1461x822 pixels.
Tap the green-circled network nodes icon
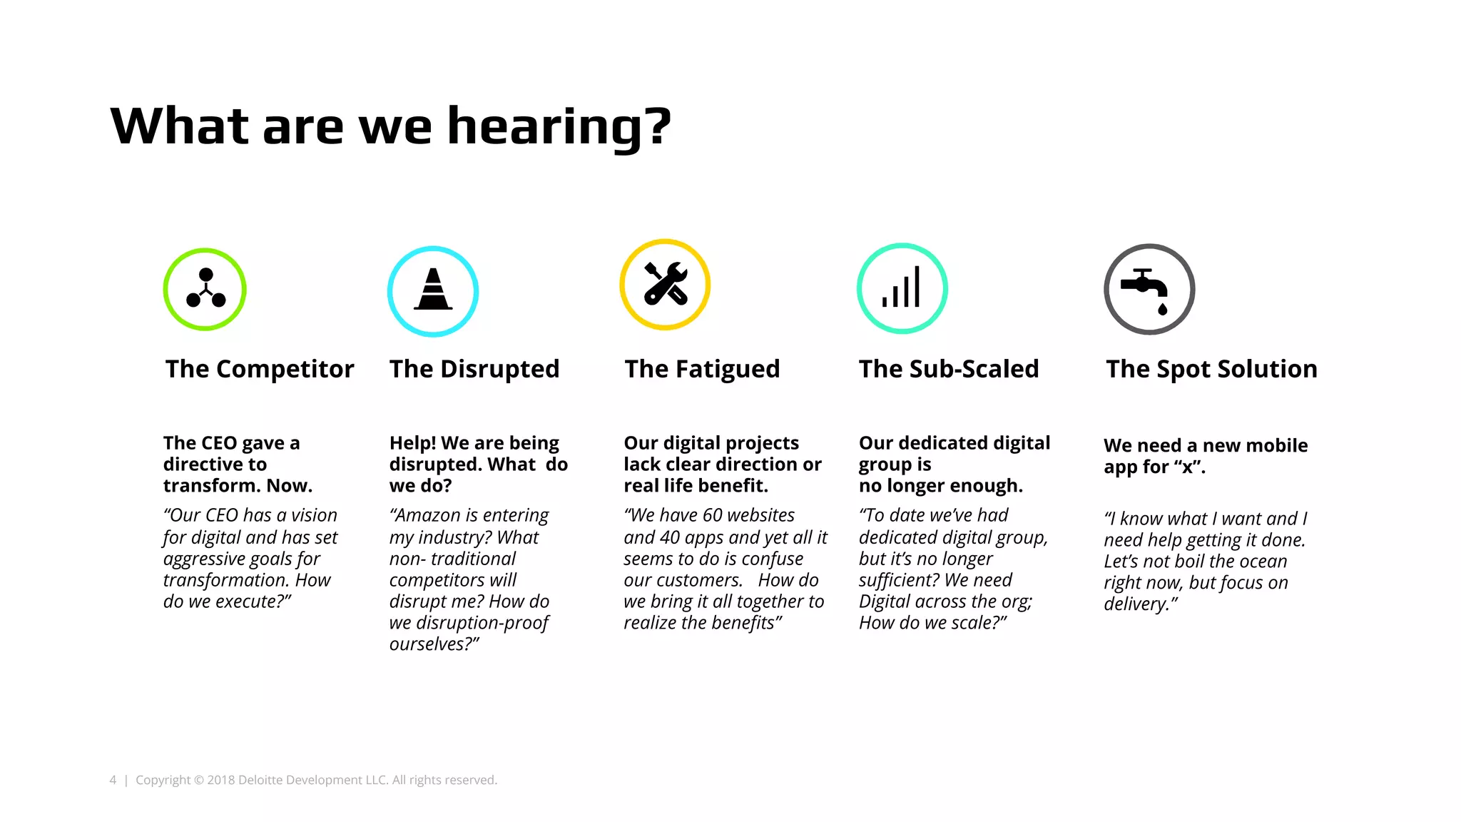(x=205, y=289)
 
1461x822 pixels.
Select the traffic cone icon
(x=433, y=291)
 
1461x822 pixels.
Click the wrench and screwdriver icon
(x=665, y=284)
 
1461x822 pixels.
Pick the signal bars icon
(x=902, y=288)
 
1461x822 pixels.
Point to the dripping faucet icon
(x=1149, y=289)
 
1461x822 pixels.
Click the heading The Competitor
(x=260, y=369)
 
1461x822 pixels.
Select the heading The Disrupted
(x=474, y=369)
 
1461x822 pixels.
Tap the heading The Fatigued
(x=702, y=369)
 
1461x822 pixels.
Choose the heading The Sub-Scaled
(x=949, y=369)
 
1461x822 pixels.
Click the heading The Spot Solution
(x=1211, y=369)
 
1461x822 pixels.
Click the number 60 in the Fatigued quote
(x=713, y=515)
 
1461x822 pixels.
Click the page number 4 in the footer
(x=113, y=780)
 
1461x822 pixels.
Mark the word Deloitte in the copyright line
(x=260, y=780)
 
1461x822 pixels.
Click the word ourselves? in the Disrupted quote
(x=433, y=644)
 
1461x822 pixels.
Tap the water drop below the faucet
(x=1163, y=309)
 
